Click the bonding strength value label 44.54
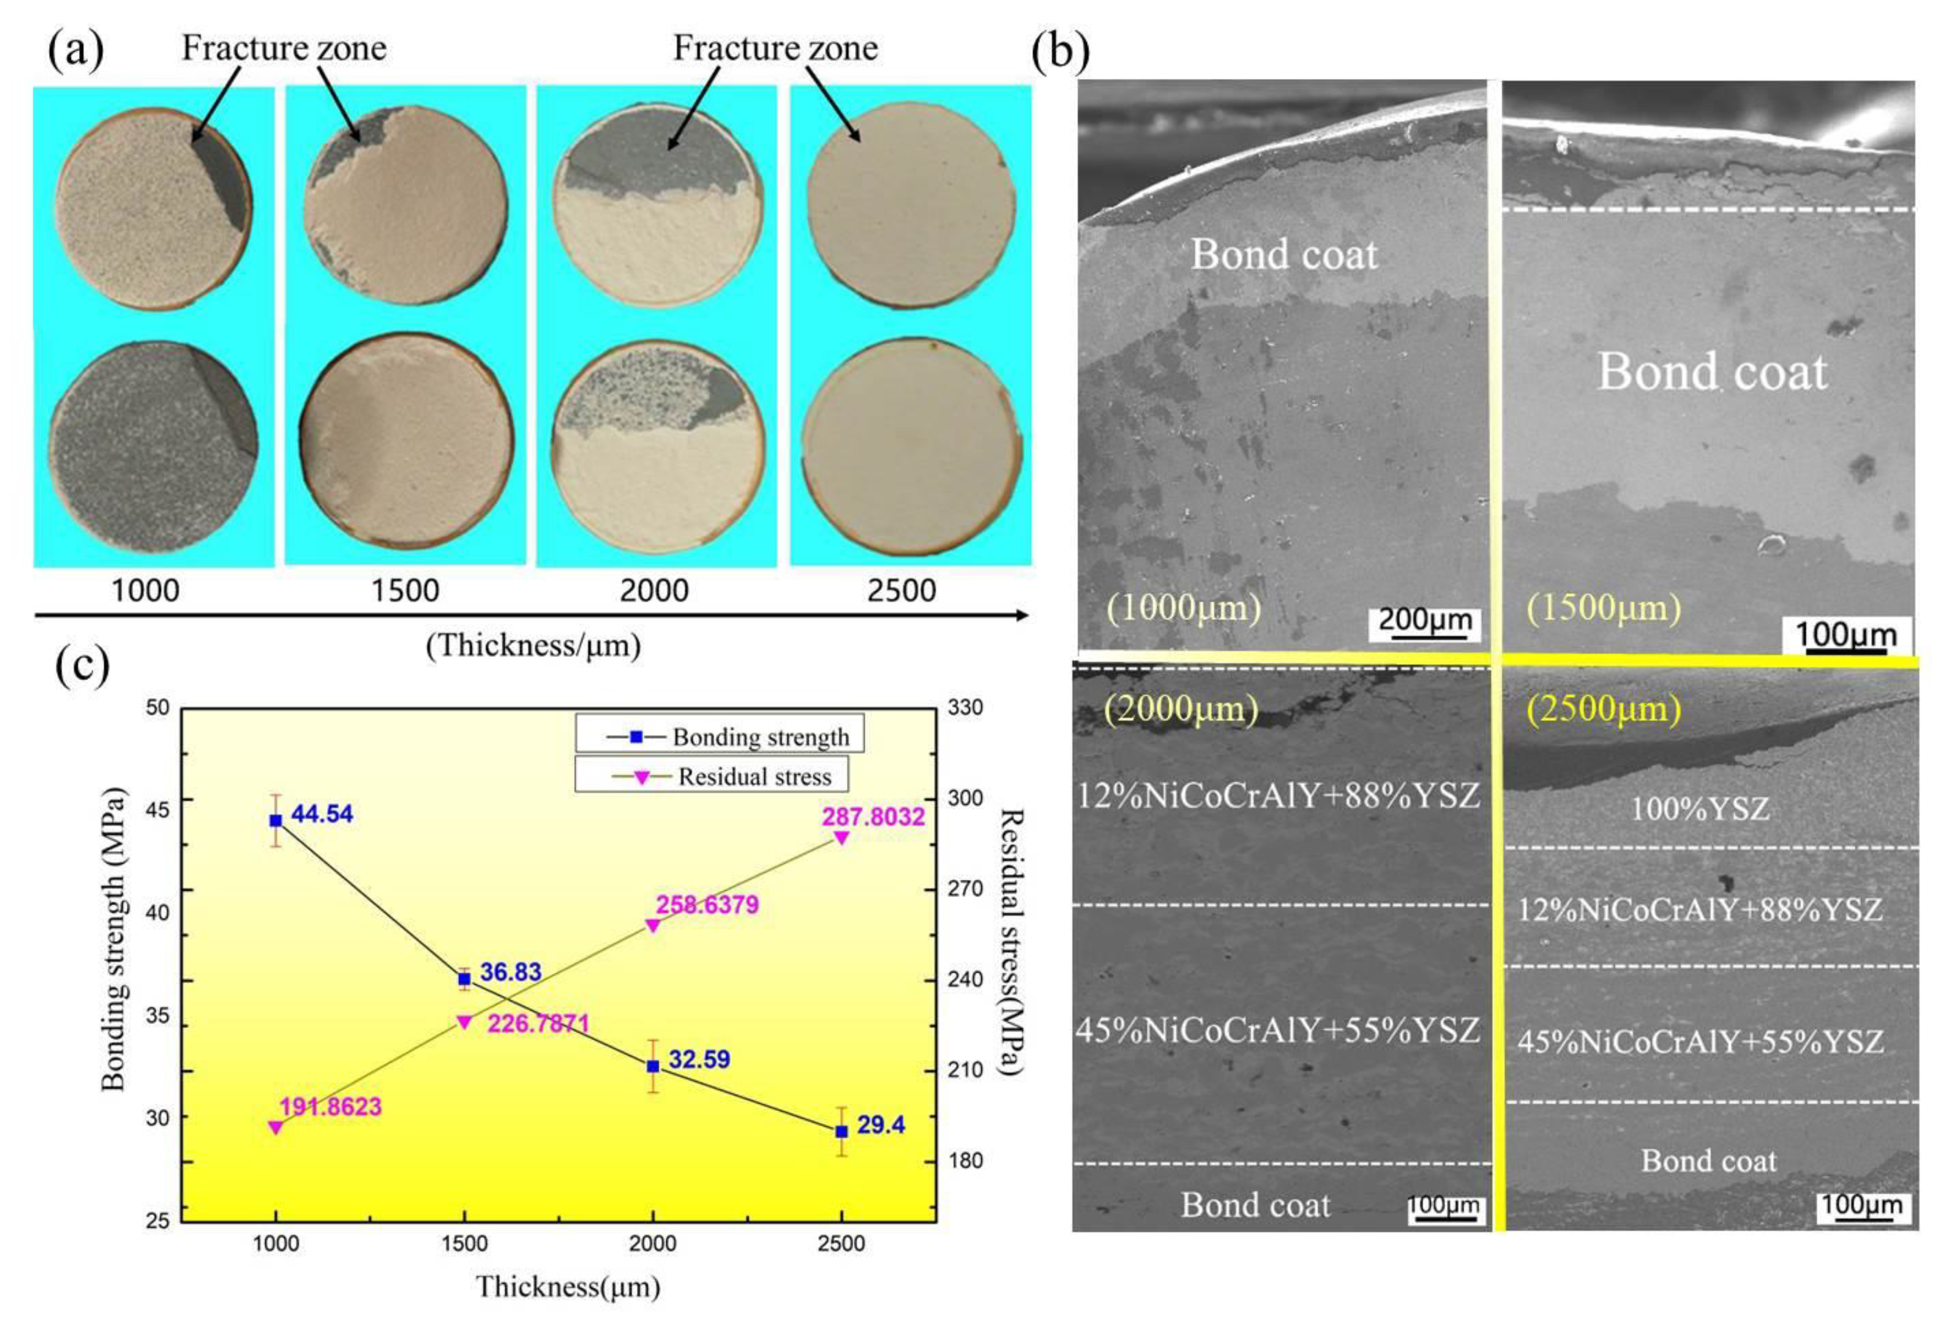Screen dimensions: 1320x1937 coord(322,814)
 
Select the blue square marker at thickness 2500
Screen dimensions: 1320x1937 coord(842,1131)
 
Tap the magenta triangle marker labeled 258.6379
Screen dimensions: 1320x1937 coord(653,925)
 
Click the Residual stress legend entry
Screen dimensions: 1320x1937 coord(754,777)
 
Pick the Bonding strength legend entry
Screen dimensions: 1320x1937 coord(760,737)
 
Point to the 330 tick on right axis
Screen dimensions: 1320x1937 coord(965,707)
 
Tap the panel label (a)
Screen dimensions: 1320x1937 coord(76,50)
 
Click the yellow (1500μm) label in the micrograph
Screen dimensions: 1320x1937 coord(1603,608)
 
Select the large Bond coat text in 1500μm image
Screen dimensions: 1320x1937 coord(1712,371)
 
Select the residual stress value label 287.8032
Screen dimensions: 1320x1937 coord(874,816)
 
